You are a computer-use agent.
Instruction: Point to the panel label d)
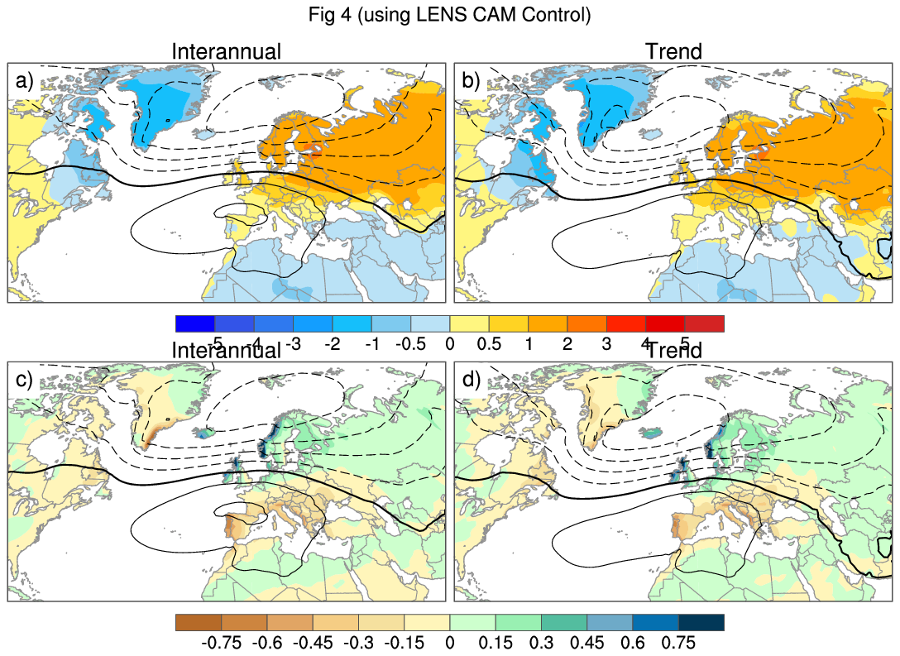[x=471, y=381]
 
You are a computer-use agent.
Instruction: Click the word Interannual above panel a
[x=226, y=52]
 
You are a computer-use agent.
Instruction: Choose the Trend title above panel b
[x=673, y=52]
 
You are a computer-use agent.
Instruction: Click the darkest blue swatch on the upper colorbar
[x=195, y=323]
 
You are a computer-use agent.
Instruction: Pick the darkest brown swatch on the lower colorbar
[x=199, y=622]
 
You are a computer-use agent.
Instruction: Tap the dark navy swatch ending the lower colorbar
[x=701, y=622]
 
